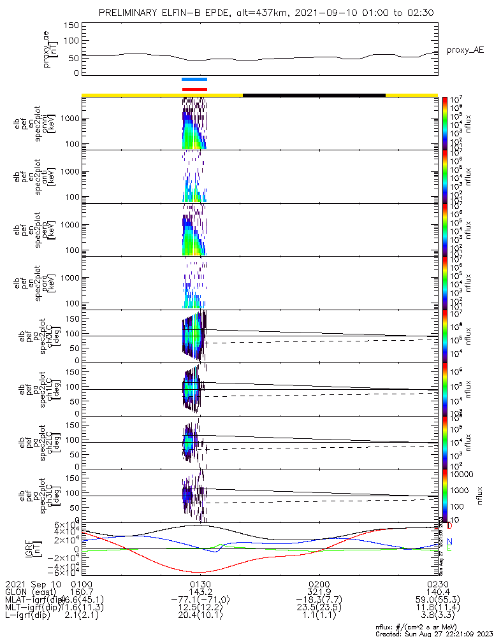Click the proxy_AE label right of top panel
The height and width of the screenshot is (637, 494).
(464, 50)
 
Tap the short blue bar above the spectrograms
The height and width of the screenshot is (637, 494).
(194, 80)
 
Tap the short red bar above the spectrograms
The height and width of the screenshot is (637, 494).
(194, 89)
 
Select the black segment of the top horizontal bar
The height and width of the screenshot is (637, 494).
(314, 95)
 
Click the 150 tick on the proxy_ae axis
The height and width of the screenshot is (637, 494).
(71, 25)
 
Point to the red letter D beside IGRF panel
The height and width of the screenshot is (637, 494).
(449, 526)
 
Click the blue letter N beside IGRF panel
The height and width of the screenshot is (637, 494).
(449, 541)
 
